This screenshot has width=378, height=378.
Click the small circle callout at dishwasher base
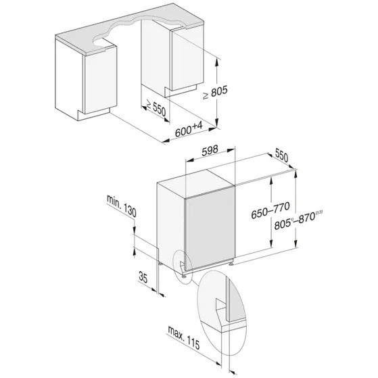point(183,262)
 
